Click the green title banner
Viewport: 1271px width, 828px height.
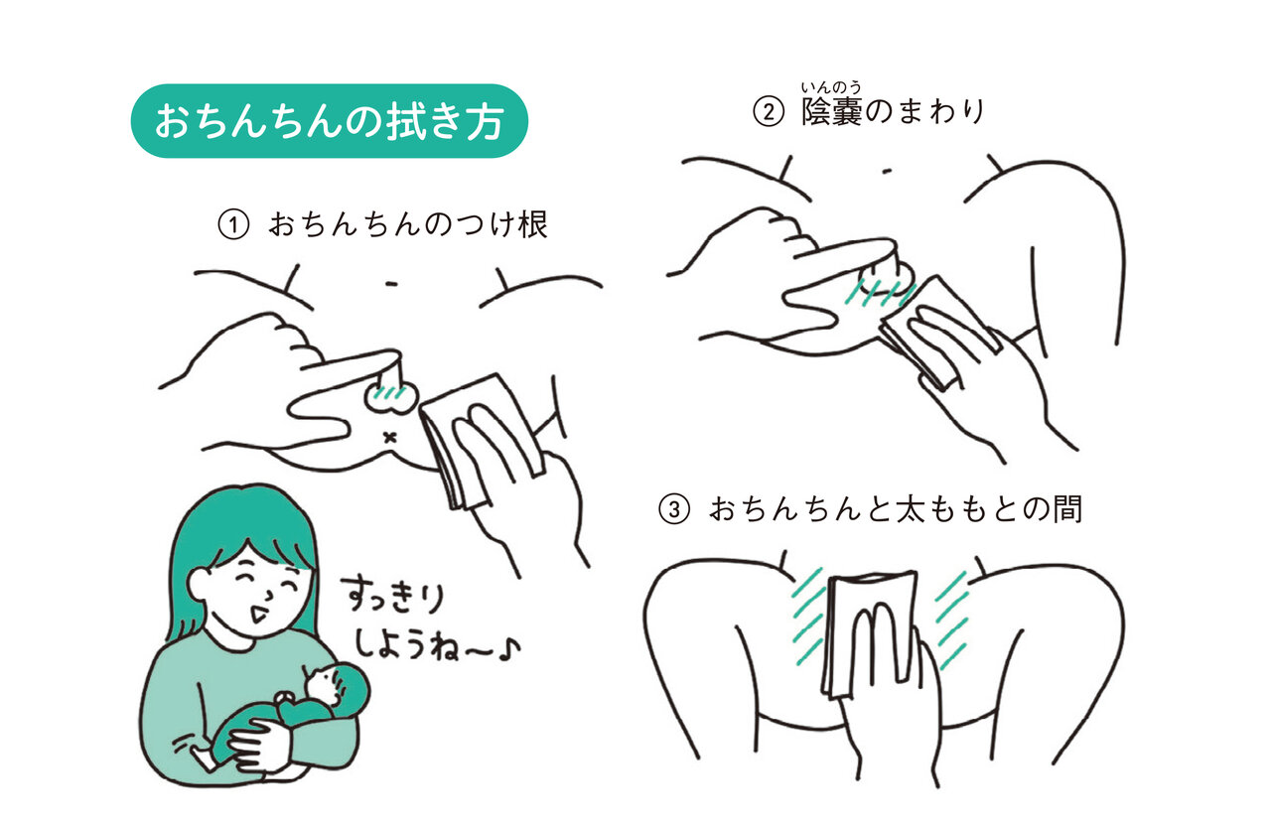(329, 121)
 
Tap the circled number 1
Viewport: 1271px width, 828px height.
(233, 224)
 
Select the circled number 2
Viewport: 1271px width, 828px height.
(769, 111)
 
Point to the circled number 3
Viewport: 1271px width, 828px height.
(674, 509)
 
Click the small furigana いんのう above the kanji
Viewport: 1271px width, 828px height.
(831, 87)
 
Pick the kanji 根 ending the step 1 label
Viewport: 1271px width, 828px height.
(532, 224)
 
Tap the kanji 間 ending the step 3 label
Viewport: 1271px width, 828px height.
(1067, 508)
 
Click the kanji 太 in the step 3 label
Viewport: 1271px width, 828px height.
(911, 508)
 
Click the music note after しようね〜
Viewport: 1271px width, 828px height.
(509, 650)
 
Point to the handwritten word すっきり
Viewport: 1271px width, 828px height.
(393, 596)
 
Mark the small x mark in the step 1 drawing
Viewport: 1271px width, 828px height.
(389, 437)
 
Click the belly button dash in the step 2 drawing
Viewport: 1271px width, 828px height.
(887, 171)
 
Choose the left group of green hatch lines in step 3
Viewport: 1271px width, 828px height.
(808, 617)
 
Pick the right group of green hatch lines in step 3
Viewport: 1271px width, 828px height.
(951, 621)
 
